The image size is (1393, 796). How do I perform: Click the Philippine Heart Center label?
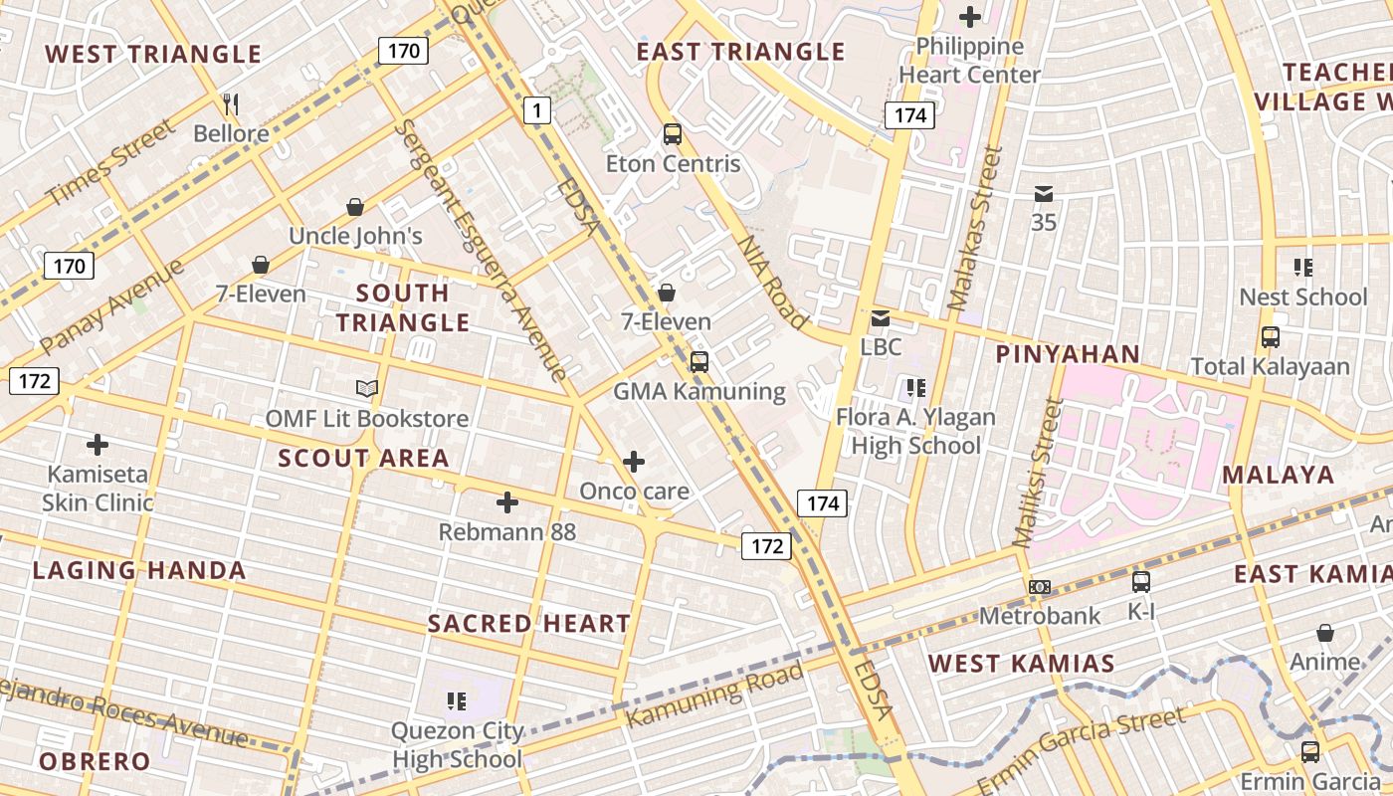969,61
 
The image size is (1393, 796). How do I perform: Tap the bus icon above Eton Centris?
673,133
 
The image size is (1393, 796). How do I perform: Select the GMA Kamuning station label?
698,391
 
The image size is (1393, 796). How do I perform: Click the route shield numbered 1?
537,110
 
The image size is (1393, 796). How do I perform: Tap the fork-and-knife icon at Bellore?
231,103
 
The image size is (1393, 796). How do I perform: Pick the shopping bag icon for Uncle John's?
355,207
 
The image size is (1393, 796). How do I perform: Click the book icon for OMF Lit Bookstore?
367,388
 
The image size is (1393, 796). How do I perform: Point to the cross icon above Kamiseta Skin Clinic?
98,444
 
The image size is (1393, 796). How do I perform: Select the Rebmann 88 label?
507,532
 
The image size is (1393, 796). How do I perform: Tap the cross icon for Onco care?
634,462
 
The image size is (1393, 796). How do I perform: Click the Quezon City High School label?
457,745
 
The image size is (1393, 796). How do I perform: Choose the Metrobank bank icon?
1040,587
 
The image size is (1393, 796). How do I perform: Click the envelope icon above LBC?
881,318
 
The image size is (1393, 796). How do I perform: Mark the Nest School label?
1302,297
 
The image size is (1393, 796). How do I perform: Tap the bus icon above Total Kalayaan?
1271,336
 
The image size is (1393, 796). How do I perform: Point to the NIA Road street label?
772,282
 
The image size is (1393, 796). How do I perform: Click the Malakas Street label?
974,228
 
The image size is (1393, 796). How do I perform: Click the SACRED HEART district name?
528,624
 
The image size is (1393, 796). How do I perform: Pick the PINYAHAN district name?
1068,354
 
